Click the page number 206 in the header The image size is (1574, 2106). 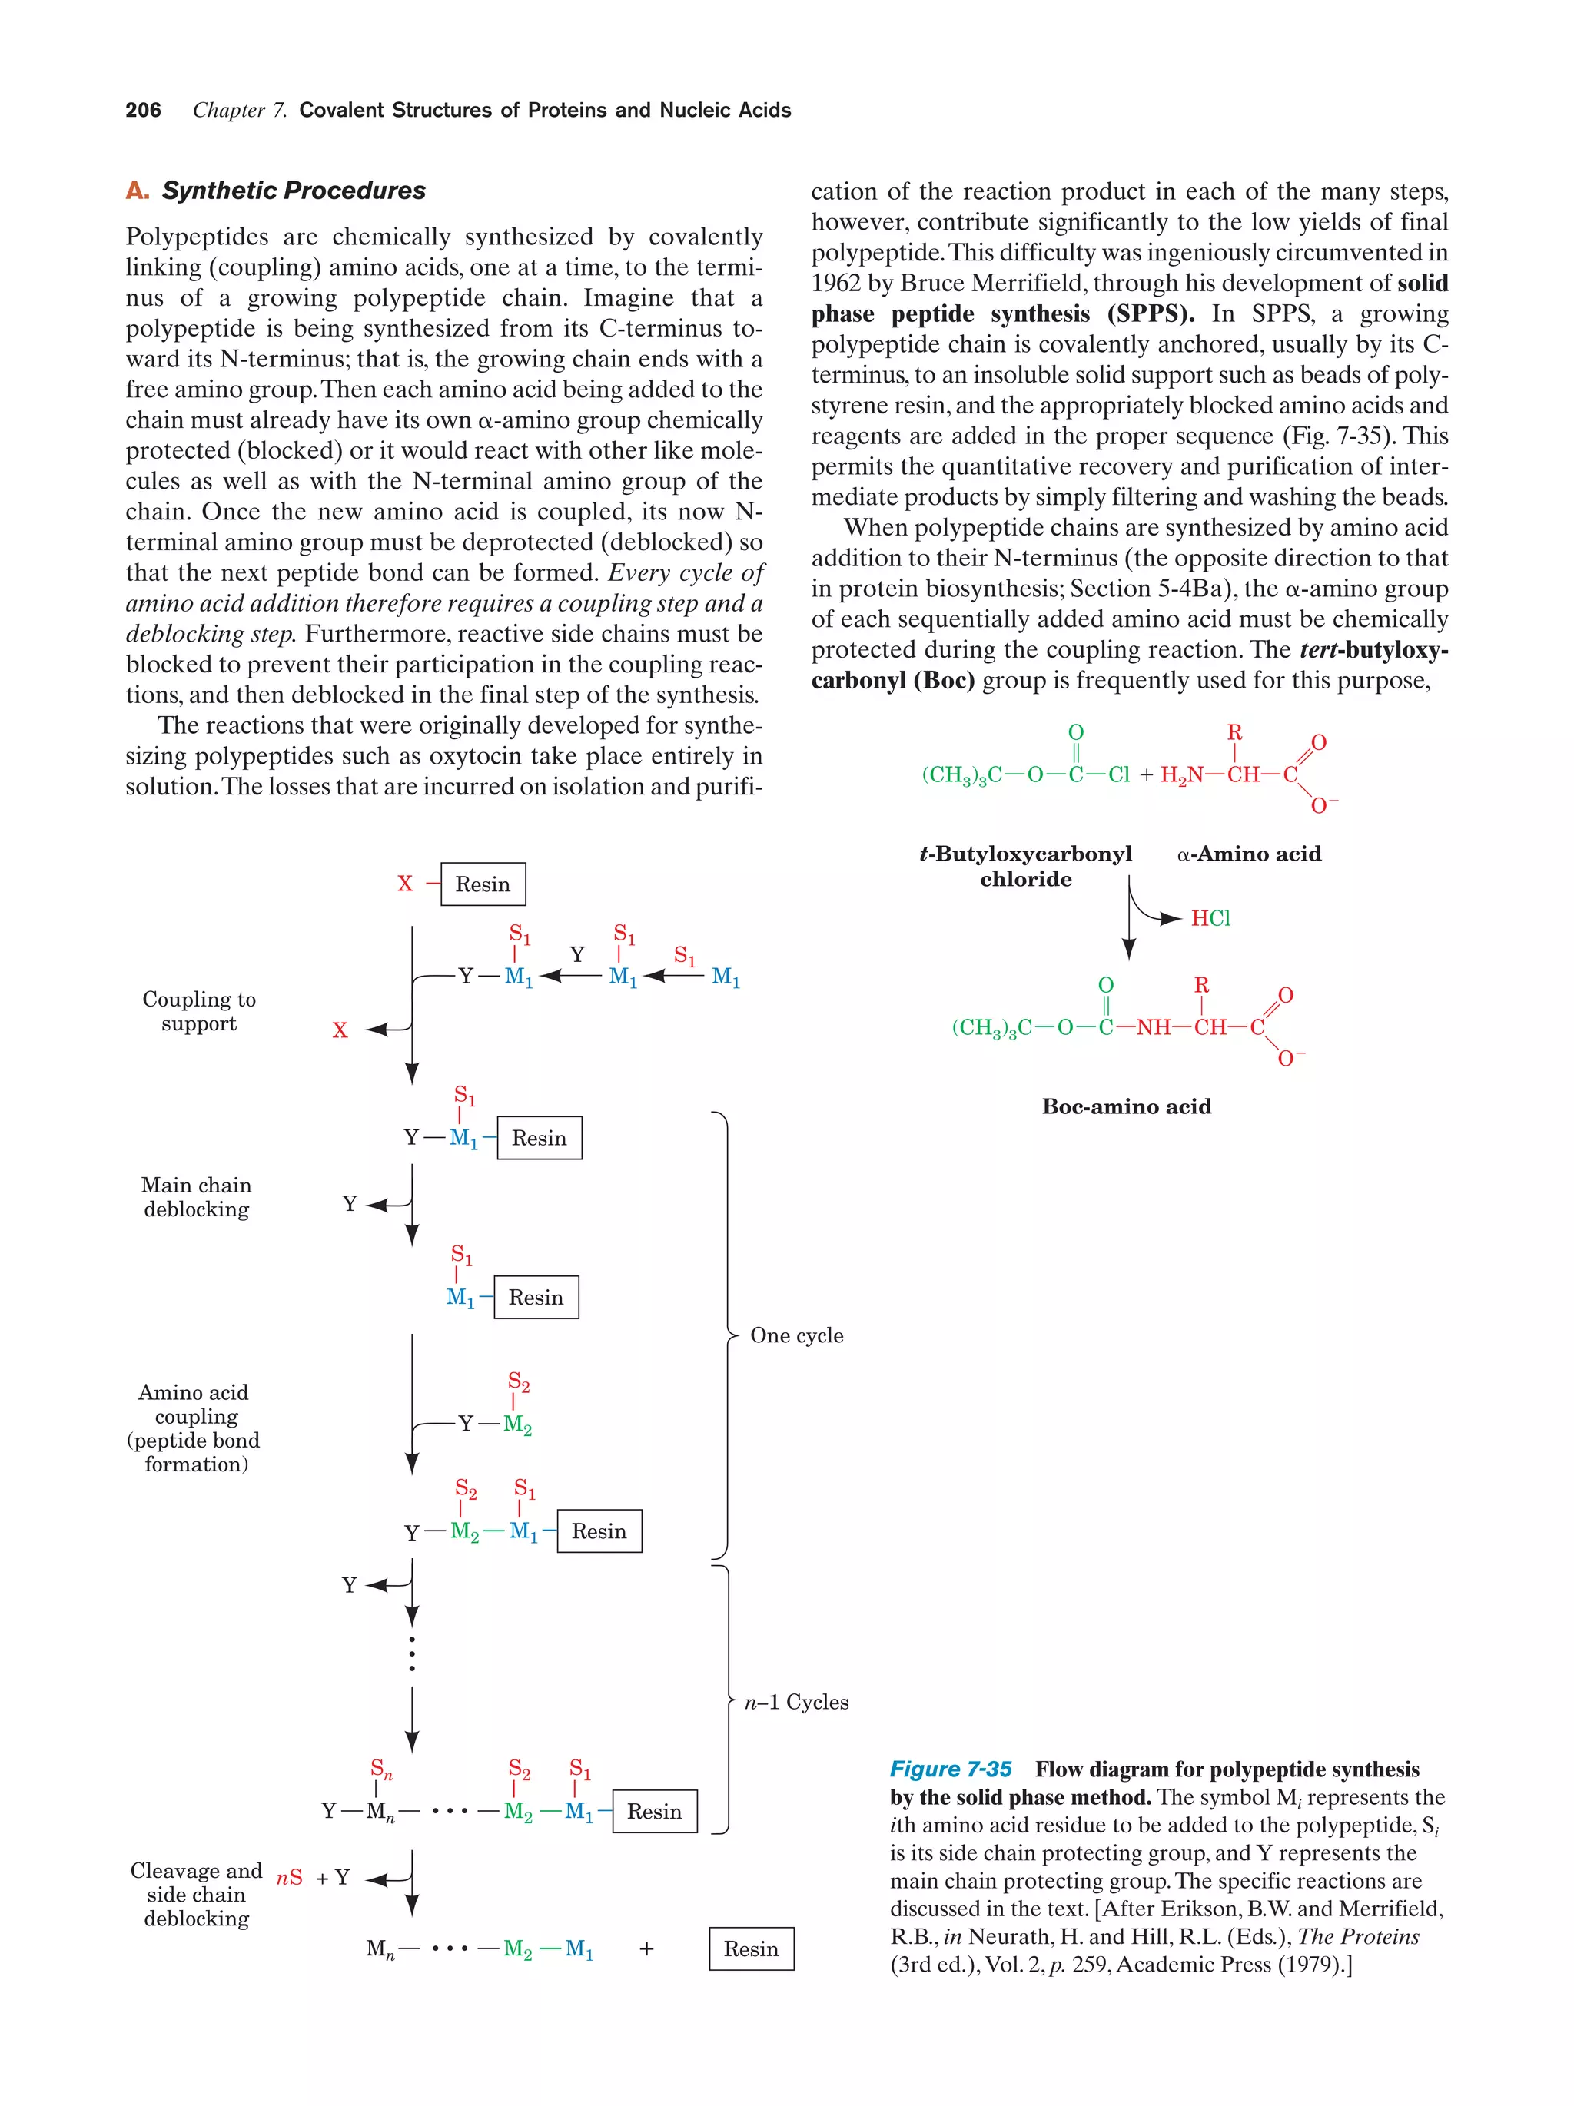tap(143, 111)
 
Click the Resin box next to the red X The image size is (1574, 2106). tap(482, 884)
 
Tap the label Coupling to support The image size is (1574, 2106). tap(198, 1011)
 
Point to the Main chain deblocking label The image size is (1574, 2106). tap(196, 1197)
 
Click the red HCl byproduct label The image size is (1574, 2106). tap(1210, 918)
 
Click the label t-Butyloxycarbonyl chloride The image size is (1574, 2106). tap(1025, 865)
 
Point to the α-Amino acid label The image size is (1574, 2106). tap(1248, 854)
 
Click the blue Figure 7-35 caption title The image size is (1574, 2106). tap(949, 1769)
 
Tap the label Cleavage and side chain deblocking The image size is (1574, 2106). tap(196, 1895)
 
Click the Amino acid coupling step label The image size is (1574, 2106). tap(194, 1428)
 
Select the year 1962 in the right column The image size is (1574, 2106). tap(835, 283)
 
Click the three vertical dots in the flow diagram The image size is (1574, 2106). tap(411, 1653)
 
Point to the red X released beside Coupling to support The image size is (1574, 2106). tap(340, 1030)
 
